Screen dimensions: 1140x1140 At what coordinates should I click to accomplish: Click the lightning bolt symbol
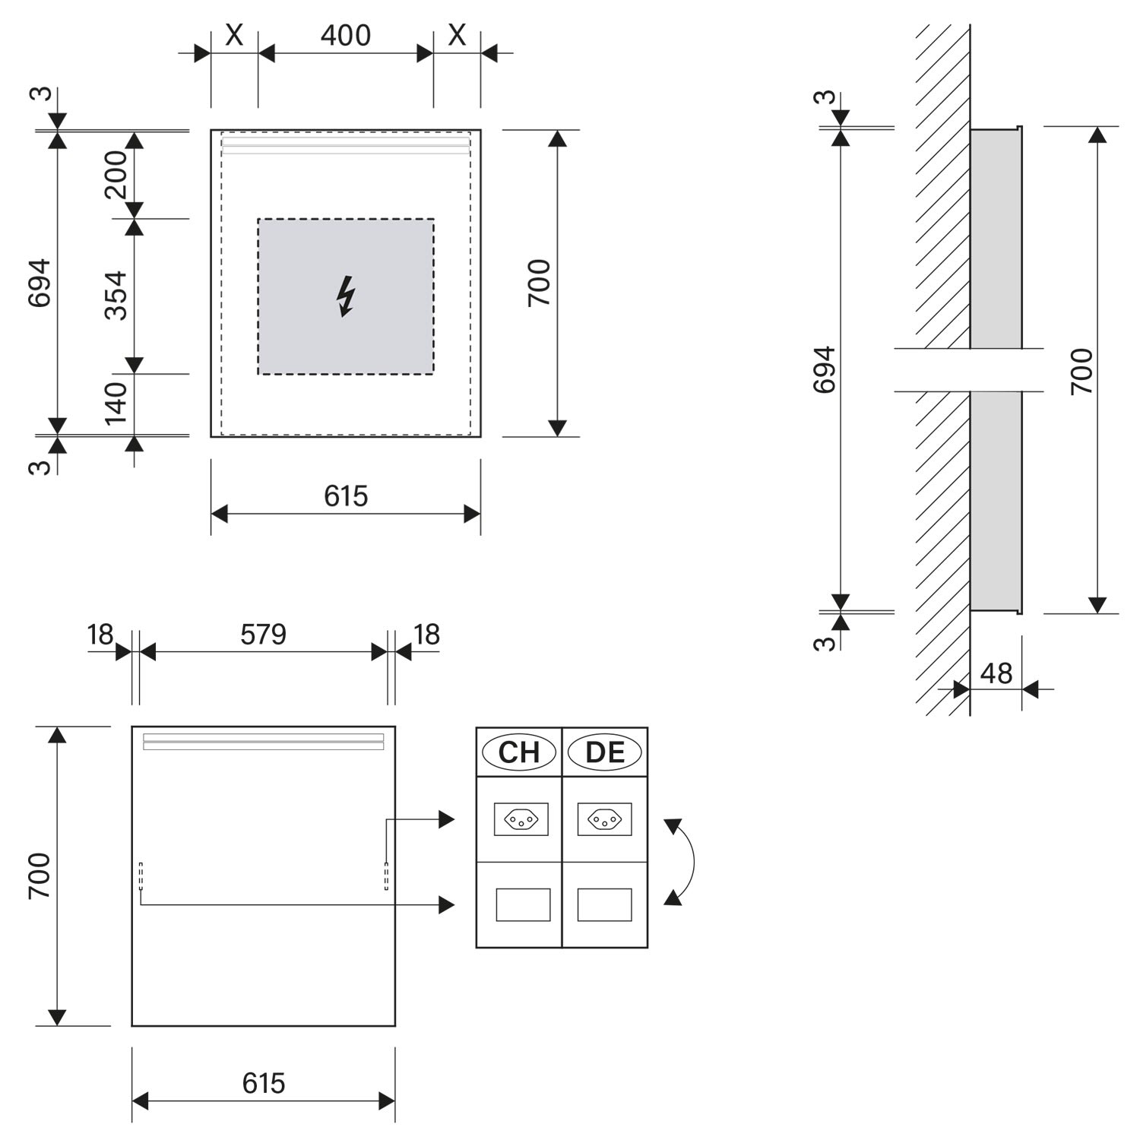(x=346, y=296)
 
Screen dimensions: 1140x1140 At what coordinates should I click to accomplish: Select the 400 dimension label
(x=346, y=35)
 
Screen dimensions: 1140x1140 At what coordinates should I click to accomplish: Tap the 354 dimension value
(x=116, y=296)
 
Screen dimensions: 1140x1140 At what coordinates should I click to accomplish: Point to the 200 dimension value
(x=116, y=175)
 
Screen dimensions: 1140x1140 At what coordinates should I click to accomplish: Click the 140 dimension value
(x=116, y=404)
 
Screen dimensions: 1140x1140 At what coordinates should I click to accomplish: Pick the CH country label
(x=519, y=752)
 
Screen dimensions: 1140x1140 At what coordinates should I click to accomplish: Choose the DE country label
(x=605, y=752)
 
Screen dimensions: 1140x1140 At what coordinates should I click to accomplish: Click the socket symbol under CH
(x=521, y=819)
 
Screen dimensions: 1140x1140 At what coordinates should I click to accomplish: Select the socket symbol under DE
(x=604, y=819)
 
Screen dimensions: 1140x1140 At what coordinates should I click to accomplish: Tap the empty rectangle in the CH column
(x=523, y=904)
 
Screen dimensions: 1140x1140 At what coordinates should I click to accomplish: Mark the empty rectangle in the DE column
(x=604, y=904)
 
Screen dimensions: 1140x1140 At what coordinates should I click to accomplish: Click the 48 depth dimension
(x=996, y=673)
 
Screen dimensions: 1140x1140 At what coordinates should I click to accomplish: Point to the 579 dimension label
(x=263, y=635)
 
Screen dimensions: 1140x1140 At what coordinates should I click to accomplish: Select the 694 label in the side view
(x=825, y=370)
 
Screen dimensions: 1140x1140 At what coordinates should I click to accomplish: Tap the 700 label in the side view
(x=1081, y=371)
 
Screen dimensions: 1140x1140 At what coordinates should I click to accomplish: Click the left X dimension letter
(x=234, y=35)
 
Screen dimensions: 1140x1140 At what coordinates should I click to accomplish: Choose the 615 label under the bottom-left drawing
(x=264, y=1083)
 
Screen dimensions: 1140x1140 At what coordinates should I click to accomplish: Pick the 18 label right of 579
(x=427, y=635)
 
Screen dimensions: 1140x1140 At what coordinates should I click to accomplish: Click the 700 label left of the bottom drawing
(x=40, y=876)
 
